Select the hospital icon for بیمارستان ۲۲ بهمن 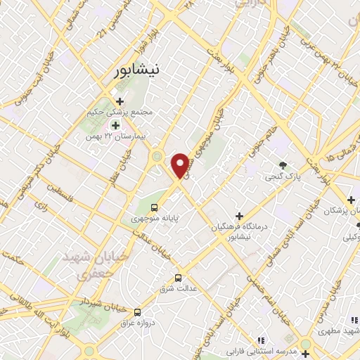click(115, 125)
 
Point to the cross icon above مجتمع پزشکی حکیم click(120, 101)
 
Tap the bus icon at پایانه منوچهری click(155, 207)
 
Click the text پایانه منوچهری click(155, 218)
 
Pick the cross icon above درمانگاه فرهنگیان click(240, 215)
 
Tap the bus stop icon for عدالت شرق click(178, 277)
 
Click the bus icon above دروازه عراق click(137, 311)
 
